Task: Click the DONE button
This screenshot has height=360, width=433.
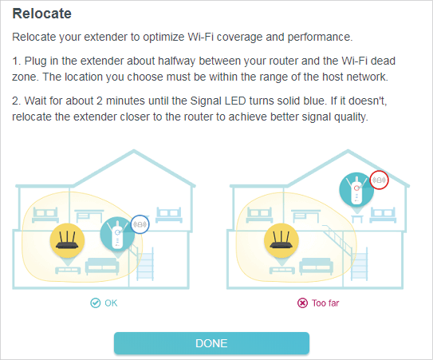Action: (211, 343)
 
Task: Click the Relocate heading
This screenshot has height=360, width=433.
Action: (42, 14)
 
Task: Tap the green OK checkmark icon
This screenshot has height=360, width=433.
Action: (95, 303)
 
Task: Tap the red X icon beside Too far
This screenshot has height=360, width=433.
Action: (302, 303)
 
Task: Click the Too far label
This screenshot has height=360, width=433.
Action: (325, 303)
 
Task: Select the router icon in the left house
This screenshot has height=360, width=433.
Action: (67, 240)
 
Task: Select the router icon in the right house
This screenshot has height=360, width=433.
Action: (281, 240)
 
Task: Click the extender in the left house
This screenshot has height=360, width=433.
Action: (117, 234)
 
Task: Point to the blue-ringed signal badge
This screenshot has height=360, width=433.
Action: (140, 224)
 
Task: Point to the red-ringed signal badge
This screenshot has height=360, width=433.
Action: (379, 180)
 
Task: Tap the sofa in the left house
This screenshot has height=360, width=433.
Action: (102, 266)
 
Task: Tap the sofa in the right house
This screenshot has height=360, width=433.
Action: (317, 266)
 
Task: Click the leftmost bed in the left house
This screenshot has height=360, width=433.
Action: (45, 215)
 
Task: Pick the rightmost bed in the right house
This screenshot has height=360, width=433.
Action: (383, 215)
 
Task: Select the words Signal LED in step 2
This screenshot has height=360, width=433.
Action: (218, 101)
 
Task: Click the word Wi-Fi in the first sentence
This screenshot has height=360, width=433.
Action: (200, 37)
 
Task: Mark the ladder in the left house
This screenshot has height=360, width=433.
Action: (145, 264)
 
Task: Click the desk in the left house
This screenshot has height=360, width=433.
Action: (89, 216)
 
